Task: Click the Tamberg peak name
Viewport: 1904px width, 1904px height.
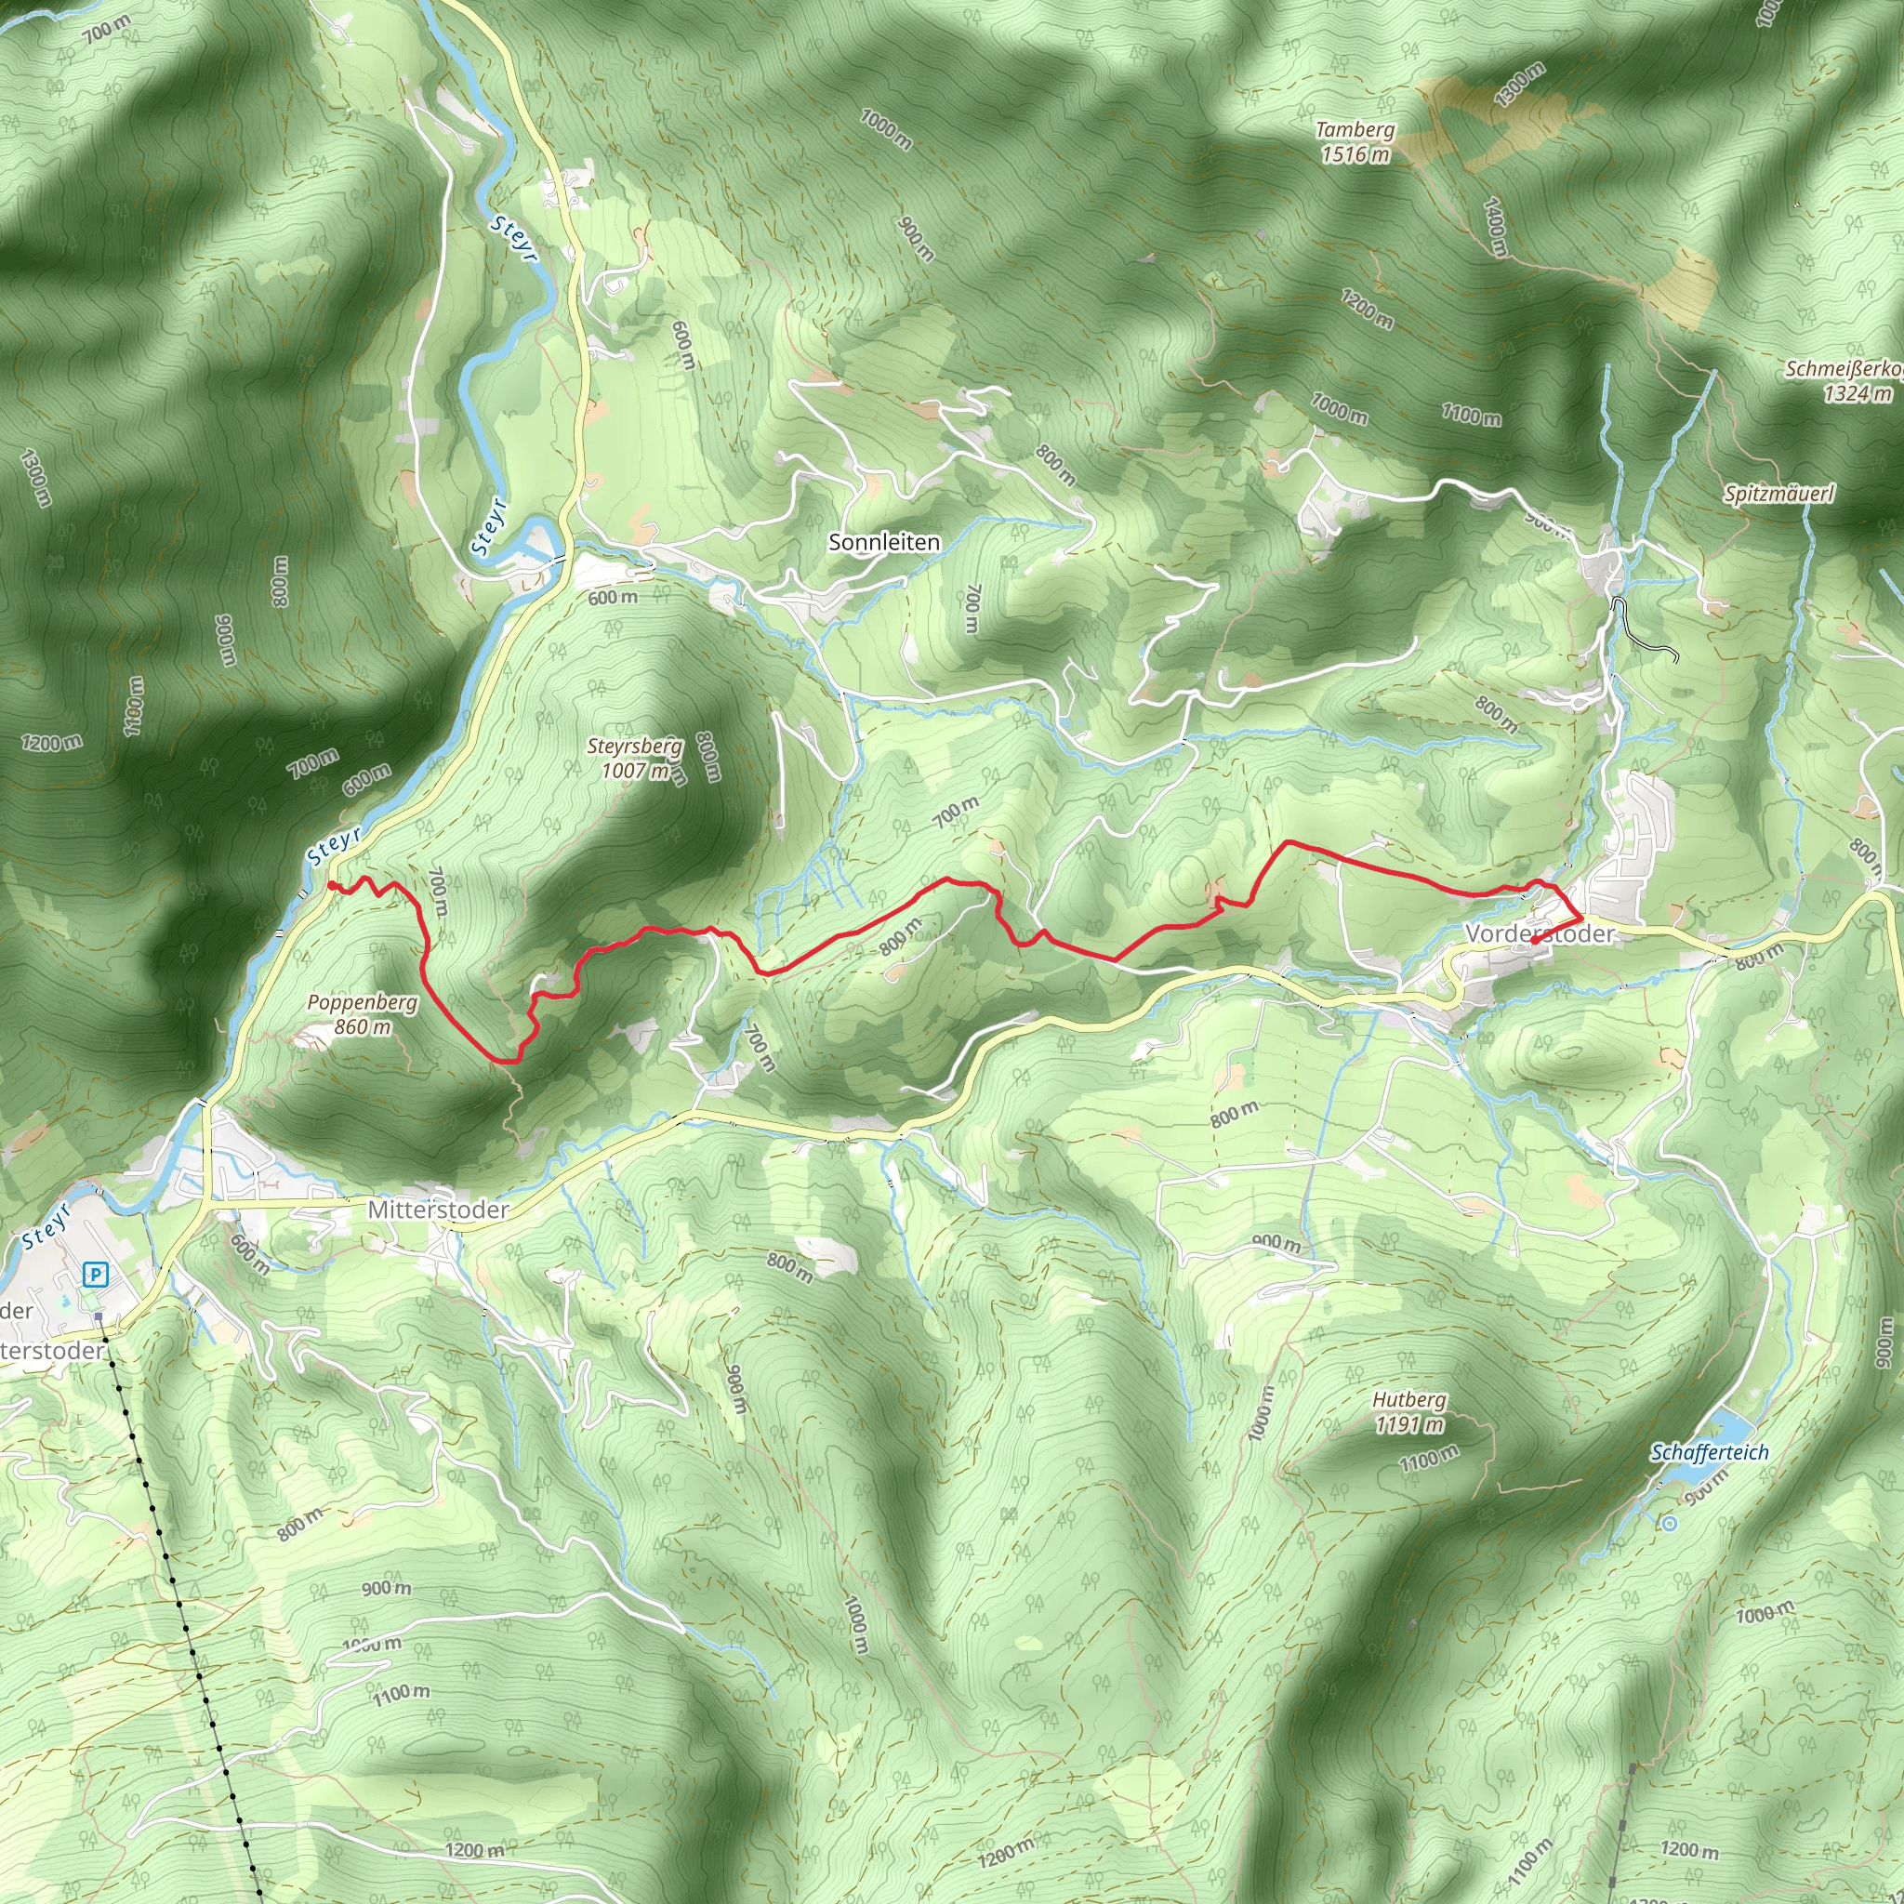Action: pos(1355,130)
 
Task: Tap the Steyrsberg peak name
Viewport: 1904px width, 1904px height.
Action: pos(635,746)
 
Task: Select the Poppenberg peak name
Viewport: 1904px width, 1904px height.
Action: pos(362,1002)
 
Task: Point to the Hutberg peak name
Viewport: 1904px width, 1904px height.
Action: pos(1409,1399)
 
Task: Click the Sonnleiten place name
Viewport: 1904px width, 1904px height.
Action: pos(884,542)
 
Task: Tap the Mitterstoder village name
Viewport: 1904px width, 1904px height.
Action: pos(438,1210)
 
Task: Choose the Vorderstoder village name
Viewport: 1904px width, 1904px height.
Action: pos(1540,933)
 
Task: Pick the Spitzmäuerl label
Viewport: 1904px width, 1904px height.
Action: pos(1778,494)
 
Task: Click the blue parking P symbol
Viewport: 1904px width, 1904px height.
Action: pos(96,1276)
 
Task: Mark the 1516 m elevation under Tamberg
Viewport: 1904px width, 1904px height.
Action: pos(1355,154)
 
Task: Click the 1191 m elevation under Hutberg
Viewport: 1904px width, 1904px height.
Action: pos(1409,1424)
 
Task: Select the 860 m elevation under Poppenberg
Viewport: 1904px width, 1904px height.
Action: pos(362,1027)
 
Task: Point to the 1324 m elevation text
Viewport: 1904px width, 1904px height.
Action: pos(1857,394)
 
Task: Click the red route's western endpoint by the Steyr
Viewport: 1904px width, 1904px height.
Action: pos(330,885)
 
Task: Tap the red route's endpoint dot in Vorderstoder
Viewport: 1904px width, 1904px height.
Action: pos(1534,941)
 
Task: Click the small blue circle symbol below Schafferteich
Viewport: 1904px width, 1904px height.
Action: pos(1669,1524)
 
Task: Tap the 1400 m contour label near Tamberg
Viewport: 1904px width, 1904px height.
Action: pos(1495,228)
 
